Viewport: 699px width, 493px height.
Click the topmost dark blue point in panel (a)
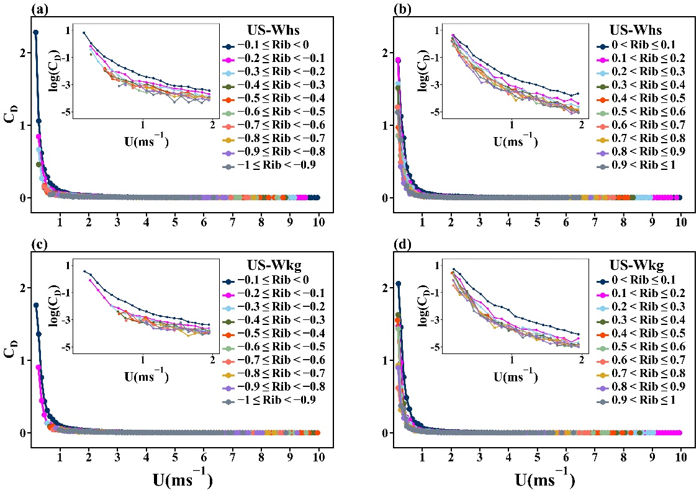pyautogui.click(x=36, y=32)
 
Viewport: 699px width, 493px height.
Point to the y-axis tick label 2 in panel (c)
pyautogui.click(x=22, y=288)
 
